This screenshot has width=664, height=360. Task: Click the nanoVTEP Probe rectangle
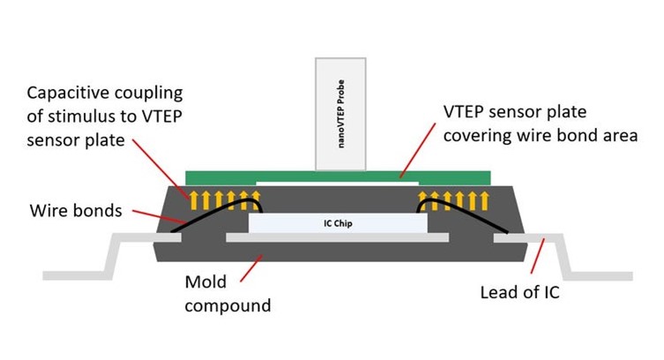[x=339, y=113]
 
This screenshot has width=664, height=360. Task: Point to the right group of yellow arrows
[x=451, y=196]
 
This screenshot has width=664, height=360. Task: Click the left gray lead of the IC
[x=106, y=256]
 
